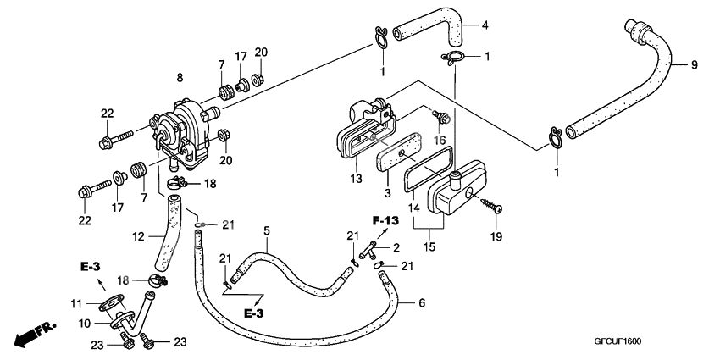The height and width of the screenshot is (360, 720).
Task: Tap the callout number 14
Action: point(413,208)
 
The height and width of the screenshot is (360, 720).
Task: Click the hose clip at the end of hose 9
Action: point(556,136)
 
